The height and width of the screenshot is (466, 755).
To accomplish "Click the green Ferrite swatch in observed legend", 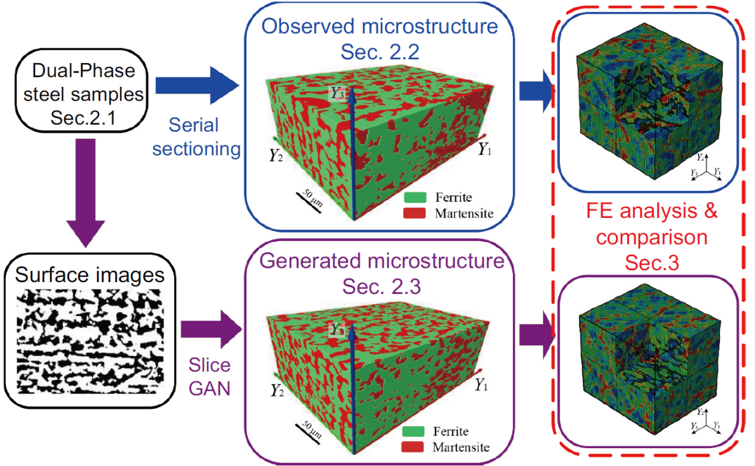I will pos(415,196).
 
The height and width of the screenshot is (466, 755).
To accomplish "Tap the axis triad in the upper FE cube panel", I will pos(706,168).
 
